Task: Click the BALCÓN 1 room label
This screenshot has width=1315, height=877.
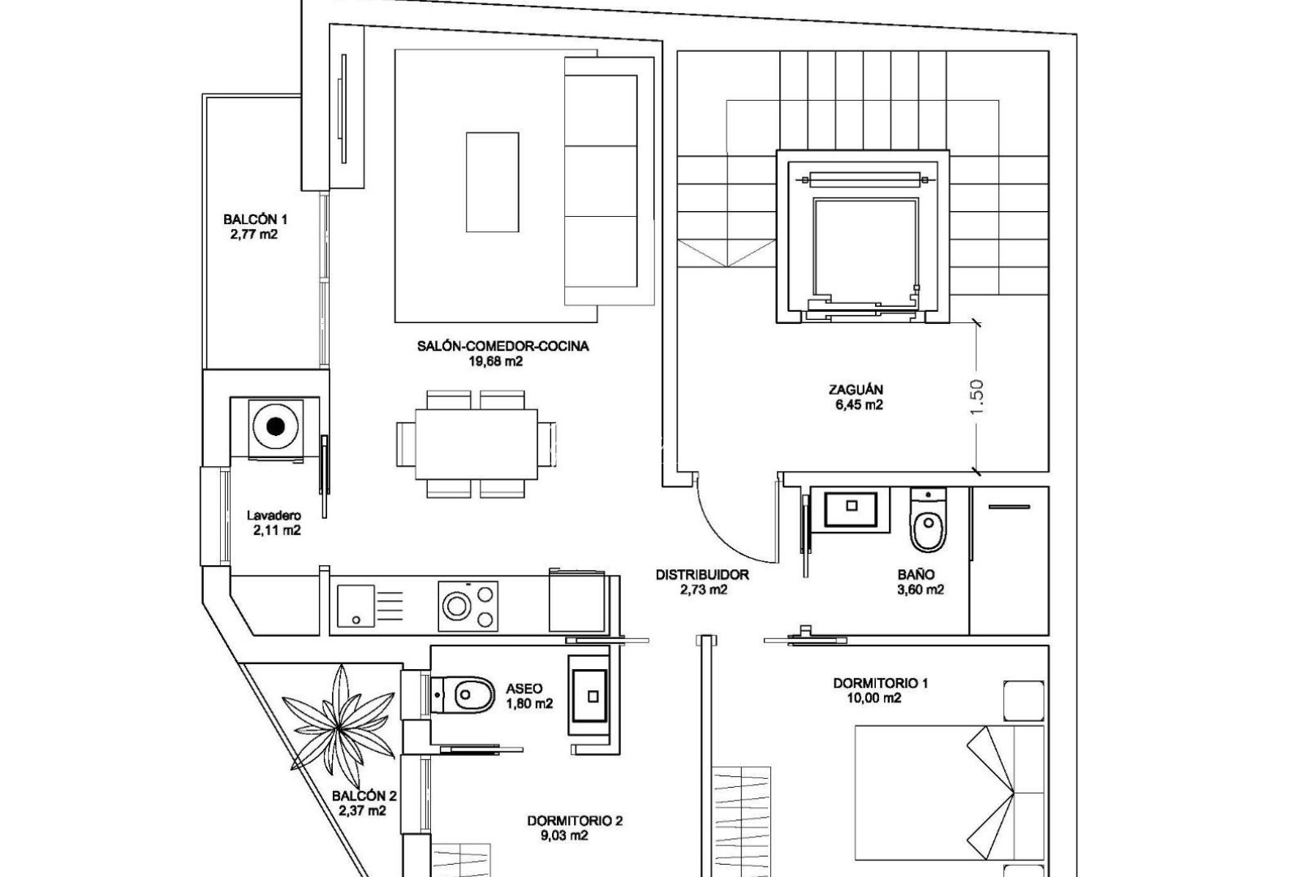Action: coord(255,219)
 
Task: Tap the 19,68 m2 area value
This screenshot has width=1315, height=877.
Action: coord(502,361)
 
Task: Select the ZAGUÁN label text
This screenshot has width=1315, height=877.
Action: coord(851,389)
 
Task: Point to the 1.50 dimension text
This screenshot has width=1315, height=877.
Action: coord(976,397)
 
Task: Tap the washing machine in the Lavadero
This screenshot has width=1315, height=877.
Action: coord(276,427)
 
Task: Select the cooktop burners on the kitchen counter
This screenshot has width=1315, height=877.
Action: coord(468,606)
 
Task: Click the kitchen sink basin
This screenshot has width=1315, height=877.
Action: coord(356,606)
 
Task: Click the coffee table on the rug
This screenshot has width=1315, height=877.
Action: coord(492,182)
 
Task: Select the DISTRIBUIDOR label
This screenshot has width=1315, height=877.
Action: coord(702,575)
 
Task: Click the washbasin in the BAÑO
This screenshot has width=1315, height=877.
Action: coord(851,508)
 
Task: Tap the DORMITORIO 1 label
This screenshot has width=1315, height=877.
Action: coord(881,683)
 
